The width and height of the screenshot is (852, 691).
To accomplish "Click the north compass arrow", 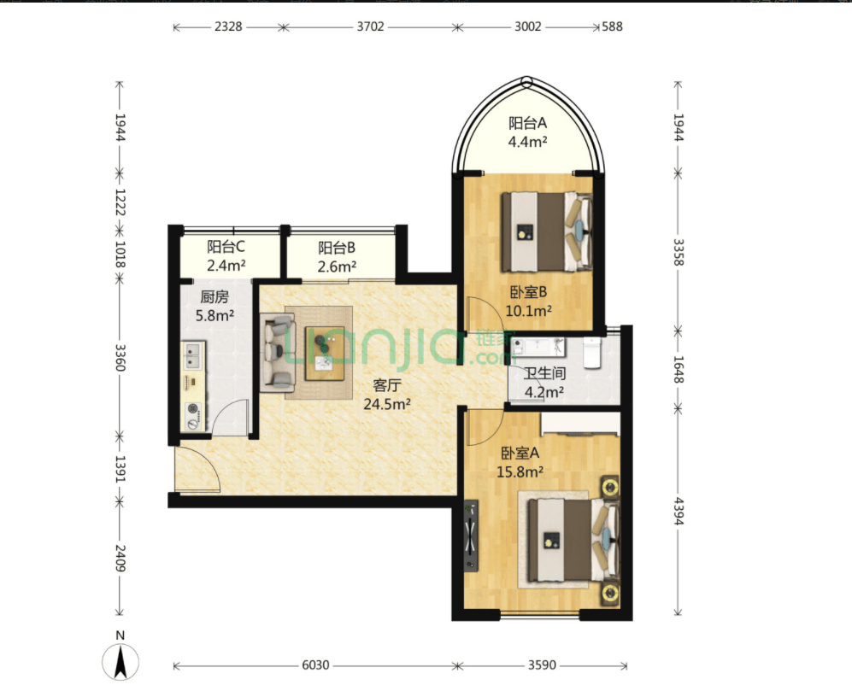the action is (120, 661).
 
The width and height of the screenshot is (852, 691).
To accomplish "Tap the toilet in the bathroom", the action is (591, 353).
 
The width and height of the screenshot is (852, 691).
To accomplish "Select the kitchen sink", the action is (192, 355).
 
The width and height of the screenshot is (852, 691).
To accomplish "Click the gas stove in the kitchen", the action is (193, 416).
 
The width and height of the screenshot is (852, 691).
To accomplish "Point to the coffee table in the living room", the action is (325, 353).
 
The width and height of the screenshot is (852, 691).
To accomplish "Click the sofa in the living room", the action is (277, 352).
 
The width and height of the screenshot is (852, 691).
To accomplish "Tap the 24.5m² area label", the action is (387, 404).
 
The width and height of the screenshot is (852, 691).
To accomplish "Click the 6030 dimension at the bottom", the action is (315, 665).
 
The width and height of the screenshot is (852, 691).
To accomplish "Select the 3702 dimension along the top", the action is (371, 26).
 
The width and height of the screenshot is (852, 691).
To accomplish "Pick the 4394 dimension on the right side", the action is (679, 511).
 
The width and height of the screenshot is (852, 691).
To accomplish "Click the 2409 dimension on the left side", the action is (120, 559).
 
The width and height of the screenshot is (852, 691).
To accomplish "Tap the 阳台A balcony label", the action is (527, 123).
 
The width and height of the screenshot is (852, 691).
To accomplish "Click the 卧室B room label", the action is (528, 292).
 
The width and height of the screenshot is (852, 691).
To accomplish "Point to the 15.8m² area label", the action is (520, 471).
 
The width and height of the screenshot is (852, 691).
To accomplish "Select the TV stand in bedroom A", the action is (471, 536).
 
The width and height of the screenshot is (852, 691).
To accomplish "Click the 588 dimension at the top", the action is (613, 26).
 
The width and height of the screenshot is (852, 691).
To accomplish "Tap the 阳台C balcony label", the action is (226, 247).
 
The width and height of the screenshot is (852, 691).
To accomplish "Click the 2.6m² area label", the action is (337, 266).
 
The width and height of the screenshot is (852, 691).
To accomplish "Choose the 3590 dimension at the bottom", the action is (543, 665).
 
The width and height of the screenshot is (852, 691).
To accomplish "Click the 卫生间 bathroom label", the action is (544, 373).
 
